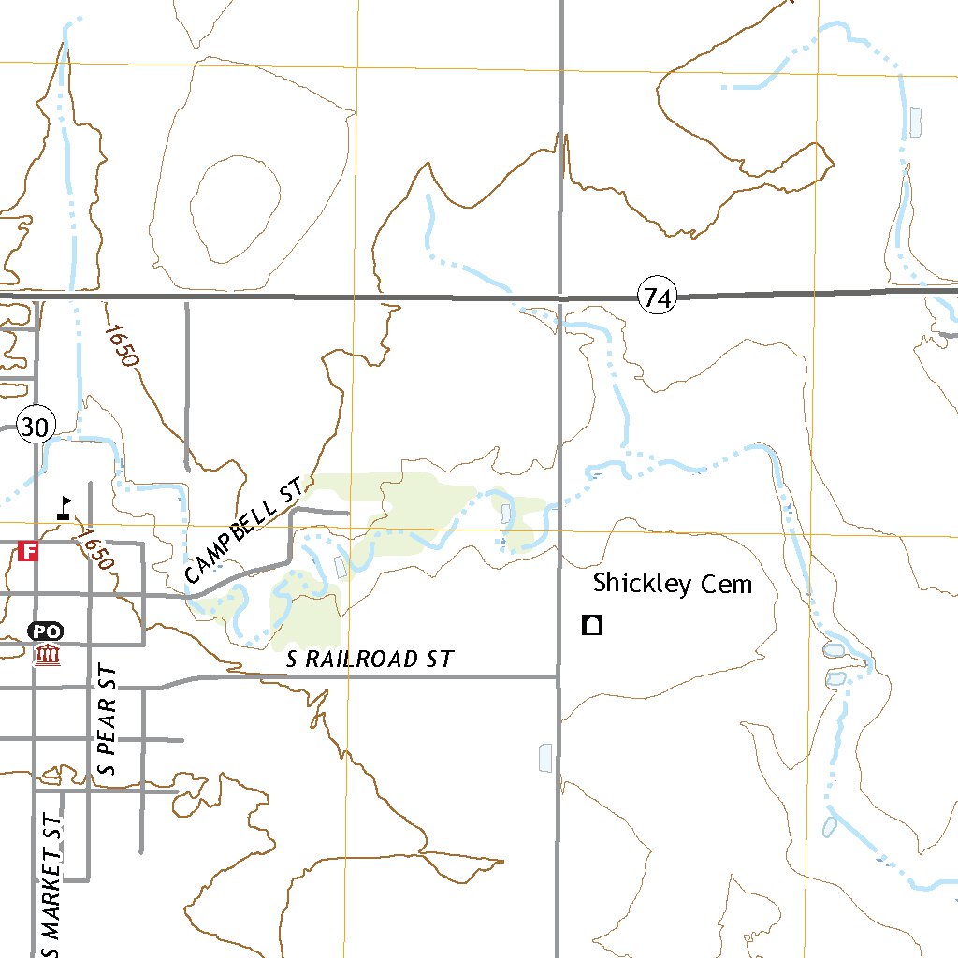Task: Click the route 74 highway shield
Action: click(657, 298)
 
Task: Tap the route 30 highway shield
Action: click(35, 428)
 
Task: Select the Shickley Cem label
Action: click(672, 585)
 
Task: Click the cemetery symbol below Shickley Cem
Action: click(591, 625)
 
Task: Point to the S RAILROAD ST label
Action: click(370, 660)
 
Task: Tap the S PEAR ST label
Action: click(108, 720)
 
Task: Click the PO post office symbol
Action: click(46, 631)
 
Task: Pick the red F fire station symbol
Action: click(29, 551)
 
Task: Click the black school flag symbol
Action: click(64, 507)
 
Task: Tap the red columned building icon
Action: click(46, 653)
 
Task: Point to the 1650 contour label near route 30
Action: click(122, 345)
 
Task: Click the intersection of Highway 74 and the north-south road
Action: click(560, 298)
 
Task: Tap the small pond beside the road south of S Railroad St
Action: click(545, 758)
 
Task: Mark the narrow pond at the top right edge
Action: click(915, 120)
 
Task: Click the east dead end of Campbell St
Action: click(348, 513)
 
